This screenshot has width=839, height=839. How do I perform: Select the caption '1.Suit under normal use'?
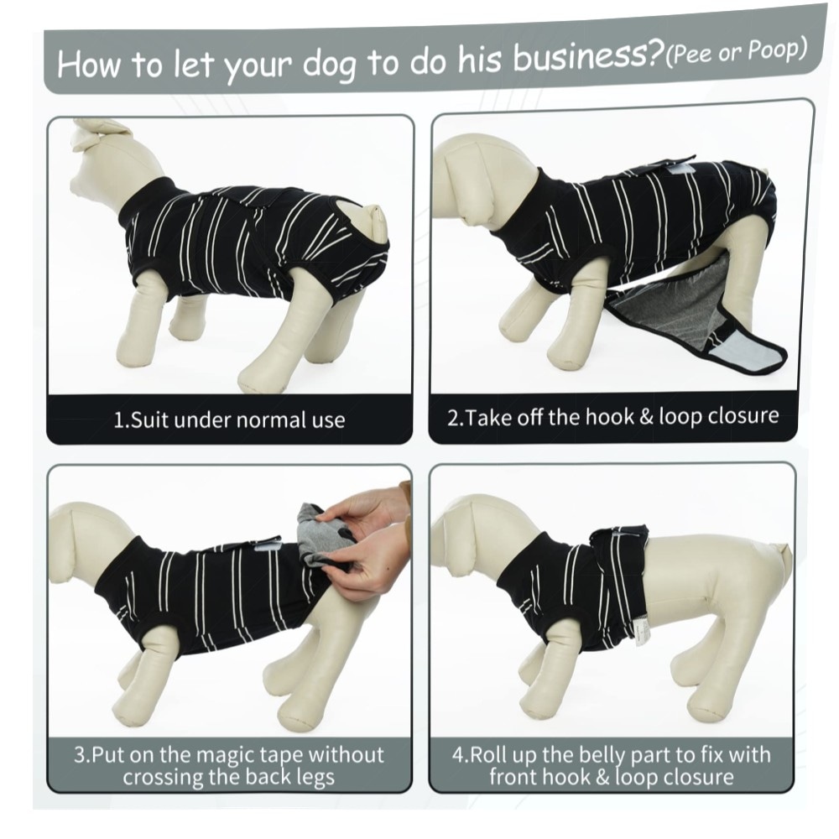(x=229, y=420)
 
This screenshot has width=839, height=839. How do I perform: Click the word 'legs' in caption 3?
(x=314, y=778)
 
